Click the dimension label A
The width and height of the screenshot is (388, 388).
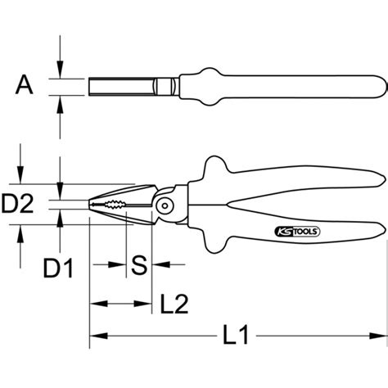25,85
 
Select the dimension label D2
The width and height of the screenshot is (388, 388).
17,203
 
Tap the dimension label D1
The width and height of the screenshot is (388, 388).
58,268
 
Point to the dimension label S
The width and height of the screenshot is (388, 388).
139,265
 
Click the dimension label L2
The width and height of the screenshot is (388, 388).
174,304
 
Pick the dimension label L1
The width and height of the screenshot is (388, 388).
236,335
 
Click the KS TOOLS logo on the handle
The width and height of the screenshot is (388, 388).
297,232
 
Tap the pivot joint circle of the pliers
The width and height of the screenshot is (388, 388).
165,205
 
